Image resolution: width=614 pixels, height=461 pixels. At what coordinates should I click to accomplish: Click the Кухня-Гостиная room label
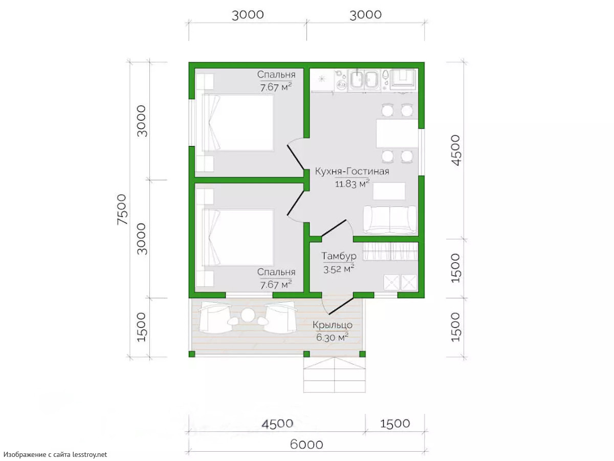pyautogui.click(x=352, y=171)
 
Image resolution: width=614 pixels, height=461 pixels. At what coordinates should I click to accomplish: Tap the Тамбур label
pyautogui.click(x=339, y=256)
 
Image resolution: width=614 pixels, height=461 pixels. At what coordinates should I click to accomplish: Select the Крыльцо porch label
pyautogui.click(x=332, y=325)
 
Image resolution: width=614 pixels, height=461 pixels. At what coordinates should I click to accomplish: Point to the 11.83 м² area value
pyautogui.click(x=352, y=184)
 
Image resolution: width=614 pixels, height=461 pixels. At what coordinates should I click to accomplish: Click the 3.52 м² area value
pyautogui.click(x=339, y=269)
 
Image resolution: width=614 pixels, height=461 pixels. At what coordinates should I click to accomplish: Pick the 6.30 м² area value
pyautogui.click(x=332, y=337)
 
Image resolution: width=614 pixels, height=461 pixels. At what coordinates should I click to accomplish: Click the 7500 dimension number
pyautogui.click(x=122, y=209)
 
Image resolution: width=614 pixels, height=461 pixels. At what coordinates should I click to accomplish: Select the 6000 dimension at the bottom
pyautogui.click(x=306, y=445)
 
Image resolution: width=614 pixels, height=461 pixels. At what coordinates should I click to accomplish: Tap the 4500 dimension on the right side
pyautogui.click(x=455, y=150)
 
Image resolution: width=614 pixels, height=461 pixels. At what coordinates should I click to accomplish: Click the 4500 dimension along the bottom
pyautogui.click(x=277, y=424)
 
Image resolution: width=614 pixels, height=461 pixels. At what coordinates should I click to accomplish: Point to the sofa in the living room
pyautogui.click(x=389, y=220)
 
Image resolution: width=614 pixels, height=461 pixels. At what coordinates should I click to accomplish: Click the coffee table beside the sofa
pyautogui.click(x=389, y=191)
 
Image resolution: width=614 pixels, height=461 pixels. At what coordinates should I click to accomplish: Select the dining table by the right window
pyautogui.click(x=397, y=134)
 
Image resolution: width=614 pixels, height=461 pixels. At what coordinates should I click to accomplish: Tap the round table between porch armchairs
pyautogui.click(x=247, y=315)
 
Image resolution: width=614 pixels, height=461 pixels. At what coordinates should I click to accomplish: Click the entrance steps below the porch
pyautogui.click(x=334, y=375)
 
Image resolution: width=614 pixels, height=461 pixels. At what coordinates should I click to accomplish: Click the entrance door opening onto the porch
pyautogui.click(x=337, y=306)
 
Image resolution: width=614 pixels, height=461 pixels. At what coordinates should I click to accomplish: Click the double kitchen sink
pyautogui.click(x=364, y=80)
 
